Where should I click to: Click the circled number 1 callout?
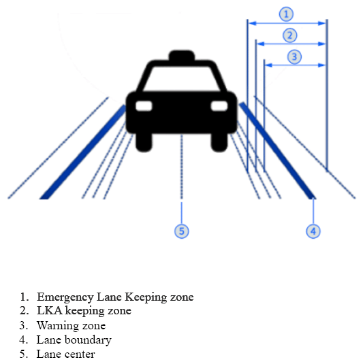286,14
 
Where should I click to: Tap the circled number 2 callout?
290,35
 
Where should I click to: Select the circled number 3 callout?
294,57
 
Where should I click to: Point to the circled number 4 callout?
313,231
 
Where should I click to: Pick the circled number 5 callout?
181,231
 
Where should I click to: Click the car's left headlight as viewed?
144,106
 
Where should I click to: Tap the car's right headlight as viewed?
219,106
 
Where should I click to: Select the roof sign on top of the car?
182,56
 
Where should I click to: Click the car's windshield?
181,78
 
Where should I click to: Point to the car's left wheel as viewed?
144,142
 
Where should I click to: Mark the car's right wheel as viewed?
219,142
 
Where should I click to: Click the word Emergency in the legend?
65,297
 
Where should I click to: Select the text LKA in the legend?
50,311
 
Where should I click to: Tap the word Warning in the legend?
58,326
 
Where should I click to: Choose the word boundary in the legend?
88,340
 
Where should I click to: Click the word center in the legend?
80,354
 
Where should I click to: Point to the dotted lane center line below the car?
181,167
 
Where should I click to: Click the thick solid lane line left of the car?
82,152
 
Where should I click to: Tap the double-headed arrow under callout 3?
295,65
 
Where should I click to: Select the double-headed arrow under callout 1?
287,23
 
